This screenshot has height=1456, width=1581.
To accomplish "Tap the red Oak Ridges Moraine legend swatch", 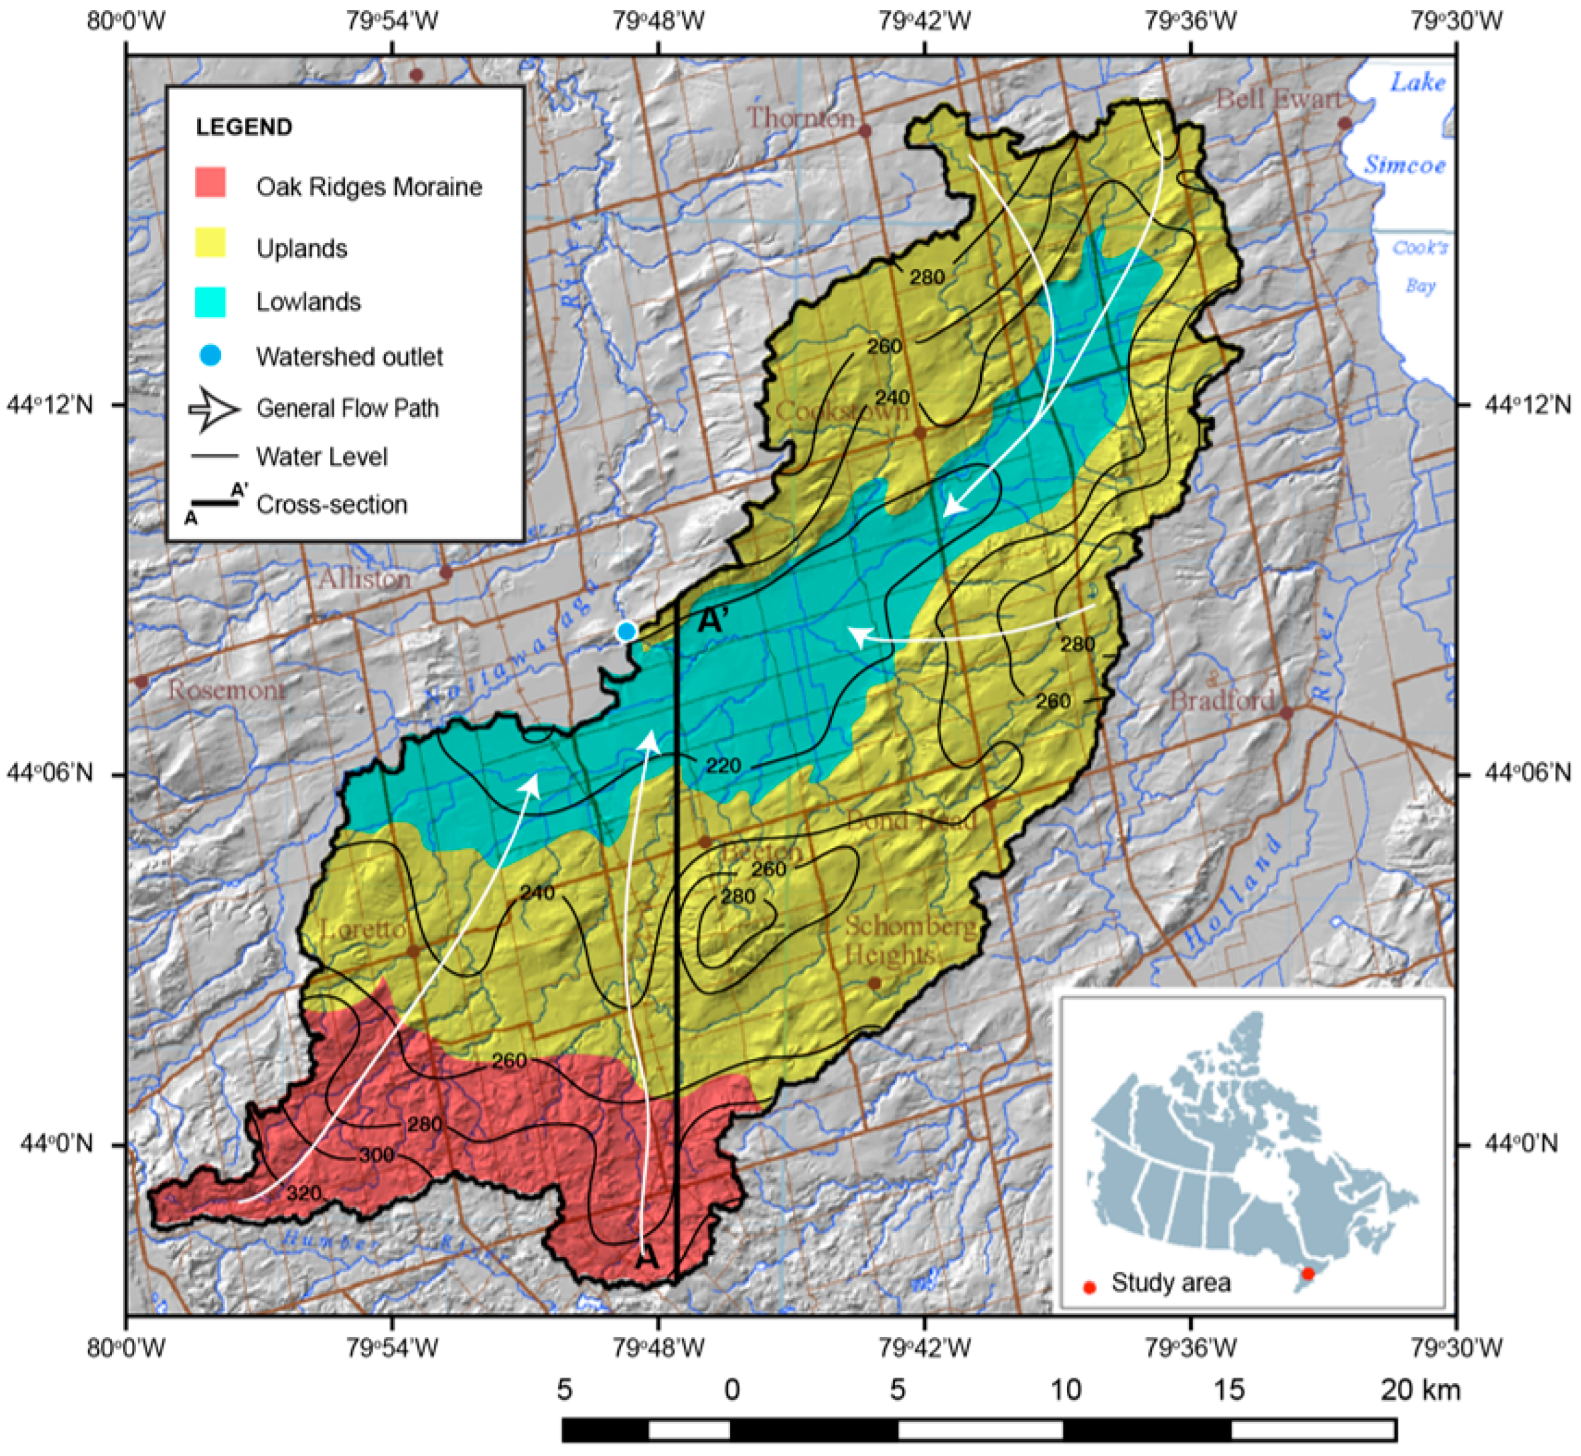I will tap(210, 183).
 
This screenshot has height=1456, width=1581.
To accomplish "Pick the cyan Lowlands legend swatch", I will tap(210, 302).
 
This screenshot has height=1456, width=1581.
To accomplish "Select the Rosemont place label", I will tap(226, 690).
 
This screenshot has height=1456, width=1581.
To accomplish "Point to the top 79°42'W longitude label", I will tap(924, 22).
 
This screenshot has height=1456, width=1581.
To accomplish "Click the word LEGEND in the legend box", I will tap(244, 127).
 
